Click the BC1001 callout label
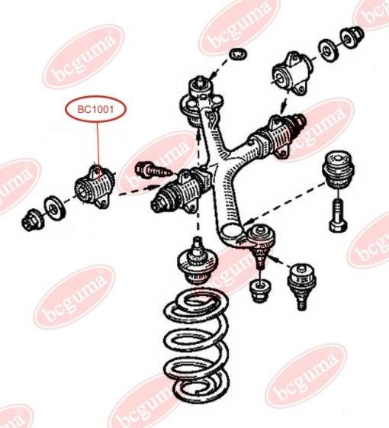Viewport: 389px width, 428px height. pos(95,109)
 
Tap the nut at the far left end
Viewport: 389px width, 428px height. pos(31,220)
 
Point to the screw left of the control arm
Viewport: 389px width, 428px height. pos(153,170)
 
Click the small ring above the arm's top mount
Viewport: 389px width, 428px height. pos(239,53)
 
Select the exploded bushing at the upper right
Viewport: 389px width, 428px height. pos(291,73)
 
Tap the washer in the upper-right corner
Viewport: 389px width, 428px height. pos(328,50)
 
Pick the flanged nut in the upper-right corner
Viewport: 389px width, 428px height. pos(352,37)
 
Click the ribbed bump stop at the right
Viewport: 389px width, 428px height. pos(338,169)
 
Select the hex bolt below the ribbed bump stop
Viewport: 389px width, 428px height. pos(338,215)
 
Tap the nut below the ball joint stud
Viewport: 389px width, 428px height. pos(260,291)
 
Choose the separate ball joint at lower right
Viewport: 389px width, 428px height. pos(301,286)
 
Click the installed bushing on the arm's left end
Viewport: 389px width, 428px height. pos(180,191)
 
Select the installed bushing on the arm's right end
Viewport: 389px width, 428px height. pos(277,135)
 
